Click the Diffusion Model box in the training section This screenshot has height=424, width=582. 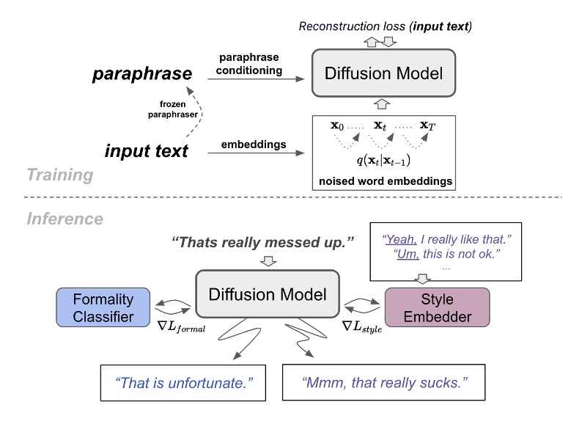tap(385, 73)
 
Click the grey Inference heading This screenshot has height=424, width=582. tap(65, 219)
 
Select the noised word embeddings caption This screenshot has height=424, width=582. tap(384, 180)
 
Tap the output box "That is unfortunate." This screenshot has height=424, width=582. tap(181, 382)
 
